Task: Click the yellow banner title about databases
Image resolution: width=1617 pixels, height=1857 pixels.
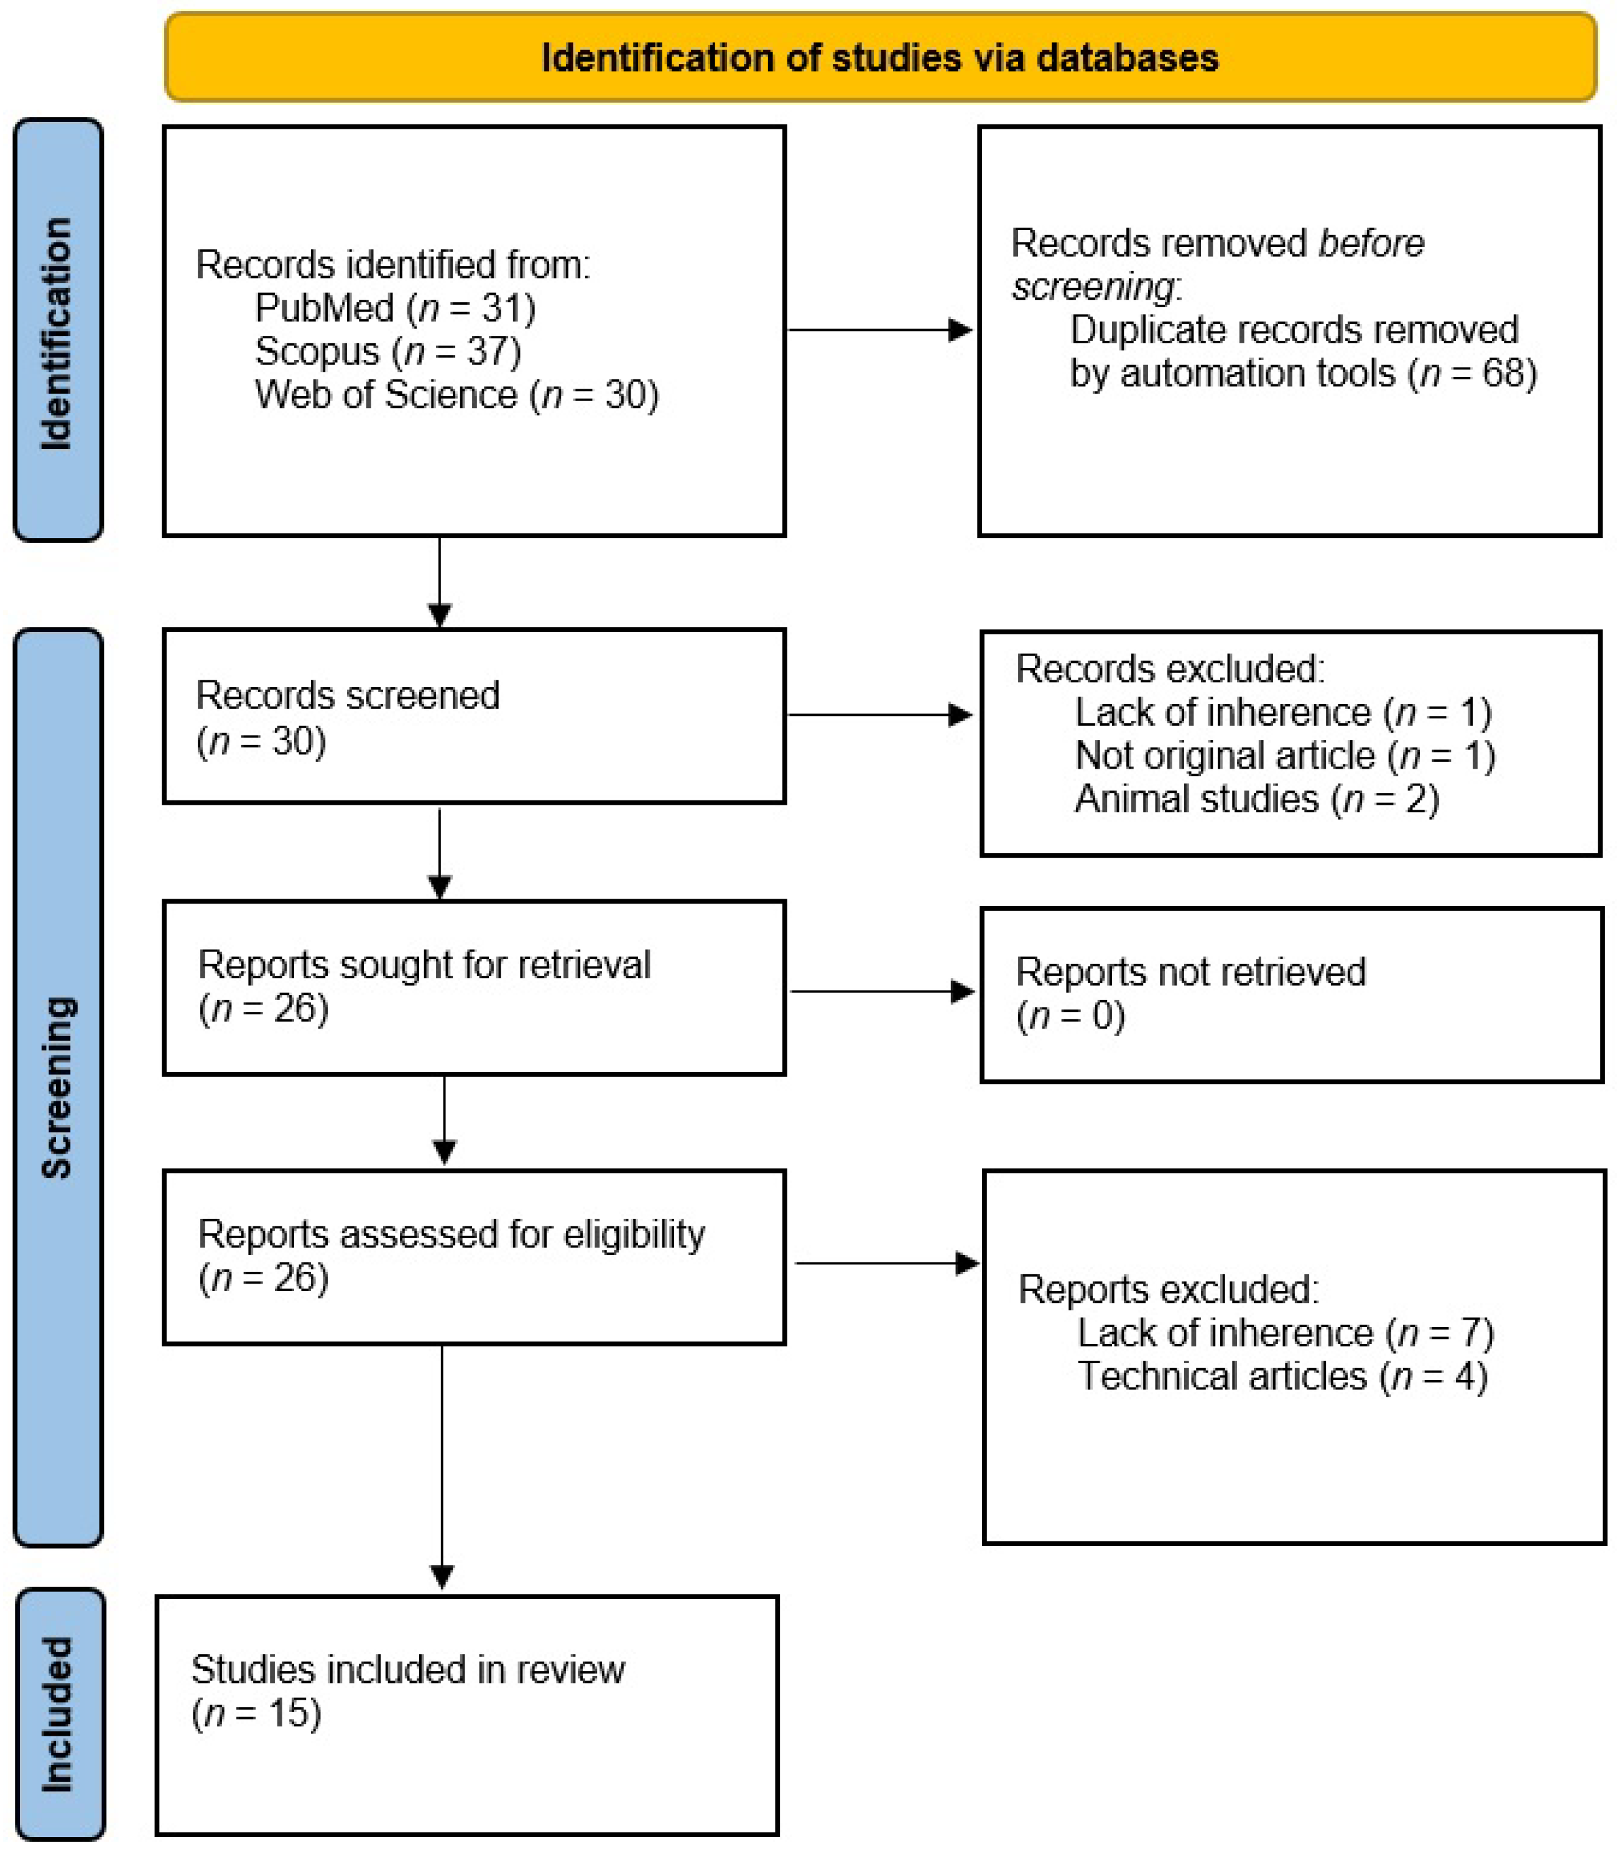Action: (x=880, y=58)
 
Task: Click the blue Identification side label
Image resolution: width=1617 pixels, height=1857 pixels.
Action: (x=57, y=333)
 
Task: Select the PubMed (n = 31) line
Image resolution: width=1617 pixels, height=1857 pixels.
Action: (x=395, y=308)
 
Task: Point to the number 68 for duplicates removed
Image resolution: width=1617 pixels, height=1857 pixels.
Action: (x=1503, y=373)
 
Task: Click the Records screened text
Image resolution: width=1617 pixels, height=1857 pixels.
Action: (x=348, y=696)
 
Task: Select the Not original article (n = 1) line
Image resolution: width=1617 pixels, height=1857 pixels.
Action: (x=1284, y=755)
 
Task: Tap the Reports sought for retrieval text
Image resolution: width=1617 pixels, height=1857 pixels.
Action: (x=424, y=965)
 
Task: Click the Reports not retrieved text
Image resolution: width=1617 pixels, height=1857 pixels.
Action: (x=1190, y=972)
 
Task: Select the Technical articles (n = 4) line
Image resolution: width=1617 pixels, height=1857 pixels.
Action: (x=1281, y=1376)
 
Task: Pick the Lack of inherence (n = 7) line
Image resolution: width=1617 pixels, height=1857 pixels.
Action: (x=1285, y=1333)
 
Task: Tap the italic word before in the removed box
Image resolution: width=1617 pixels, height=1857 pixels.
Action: (x=1371, y=244)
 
